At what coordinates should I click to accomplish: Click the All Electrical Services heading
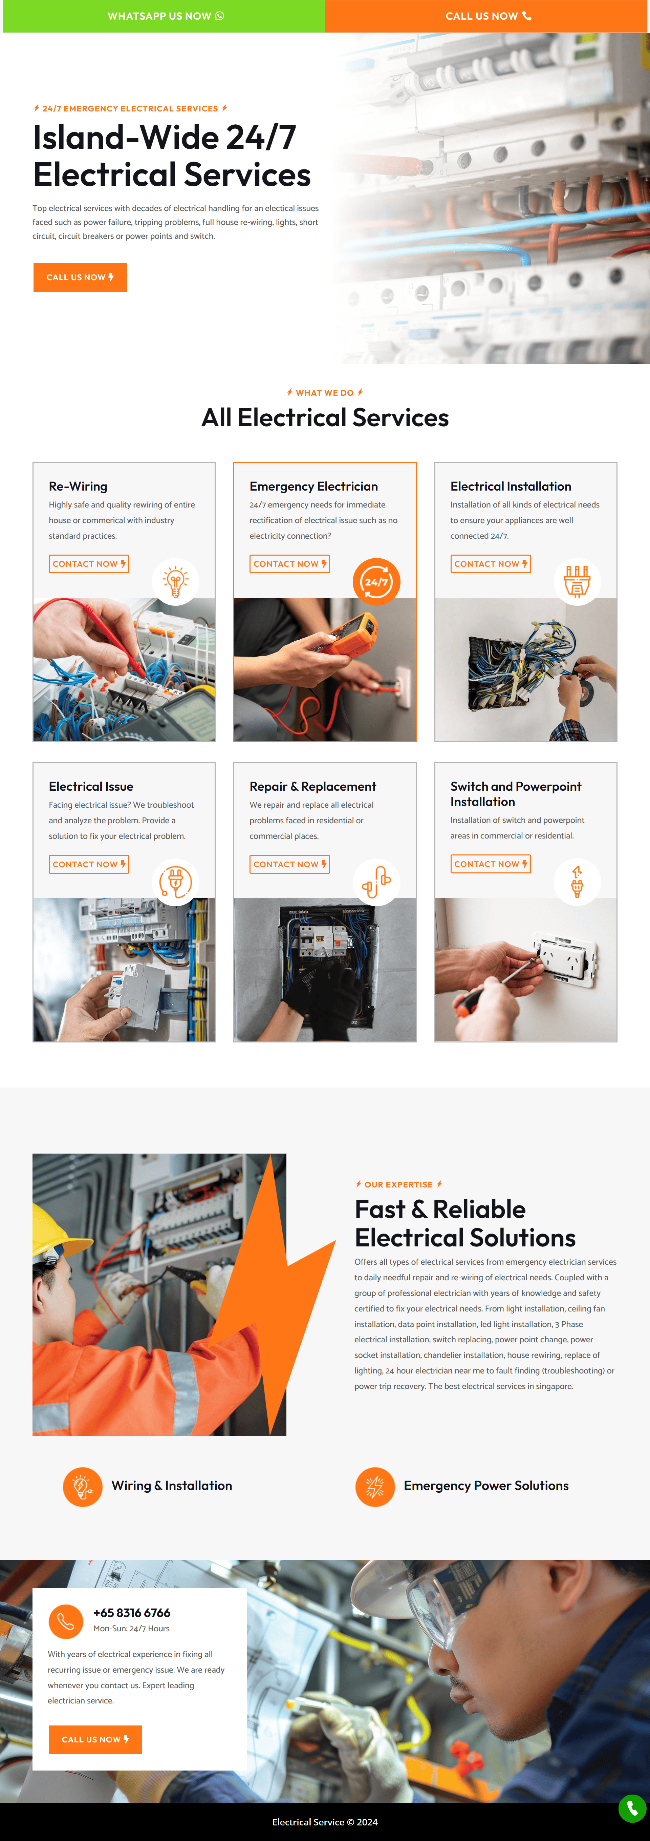click(x=325, y=417)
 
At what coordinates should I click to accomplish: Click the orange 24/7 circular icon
click(x=376, y=582)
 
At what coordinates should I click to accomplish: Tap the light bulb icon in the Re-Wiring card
click(x=176, y=582)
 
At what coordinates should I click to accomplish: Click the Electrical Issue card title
click(x=91, y=786)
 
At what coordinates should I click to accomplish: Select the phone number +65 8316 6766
click(x=132, y=1612)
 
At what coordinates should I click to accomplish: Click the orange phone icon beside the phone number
click(x=66, y=1621)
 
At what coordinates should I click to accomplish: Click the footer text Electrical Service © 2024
click(x=325, y=1822)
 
